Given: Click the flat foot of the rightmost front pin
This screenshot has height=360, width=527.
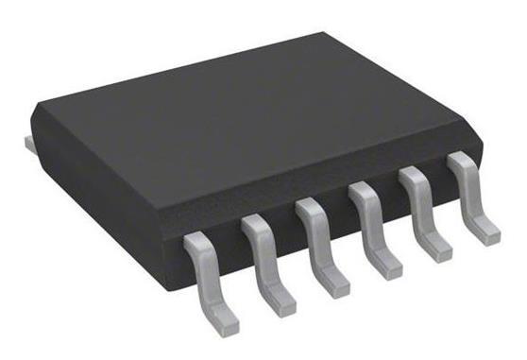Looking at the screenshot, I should coord(484,227).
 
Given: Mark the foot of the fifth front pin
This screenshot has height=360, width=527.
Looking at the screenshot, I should coord(436,247).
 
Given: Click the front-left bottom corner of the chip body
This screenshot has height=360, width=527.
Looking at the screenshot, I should coord(185,248).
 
